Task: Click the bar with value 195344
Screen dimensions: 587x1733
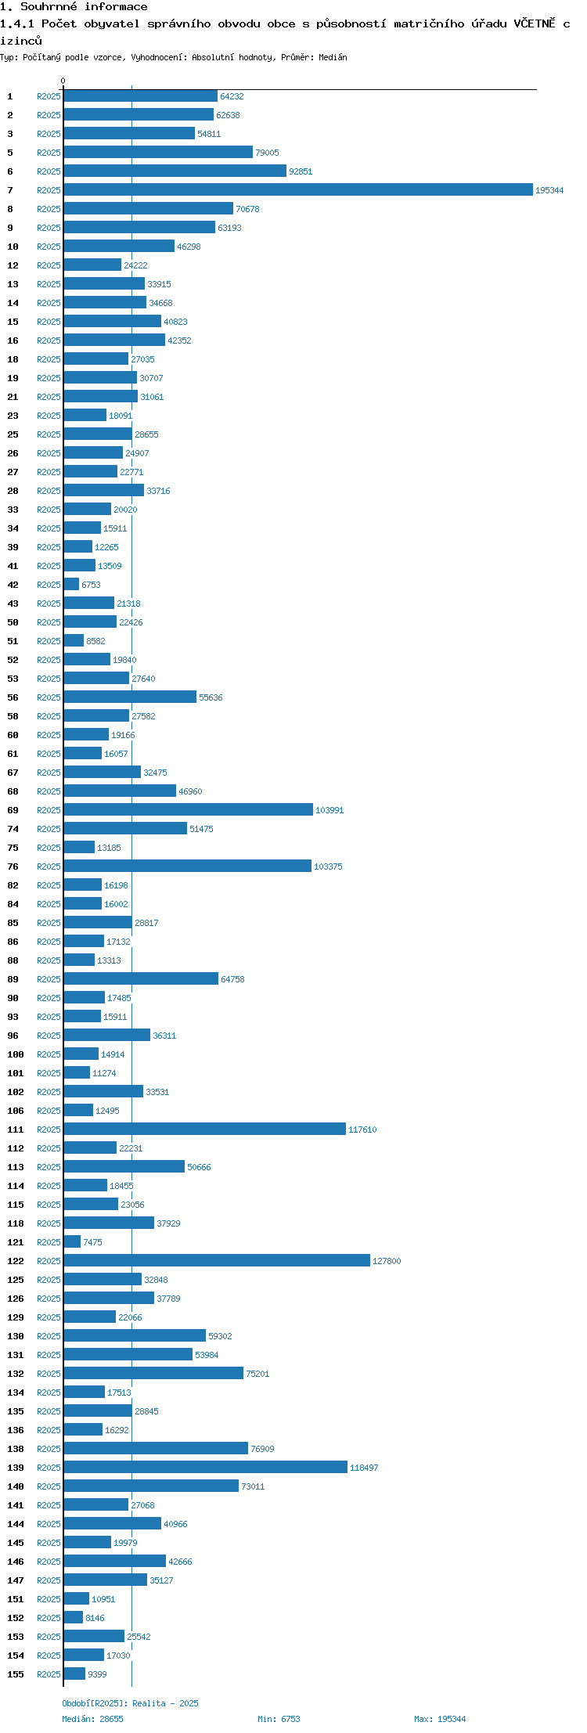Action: [x=298, y=189]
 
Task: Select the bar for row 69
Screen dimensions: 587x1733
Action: [x=189, y=809]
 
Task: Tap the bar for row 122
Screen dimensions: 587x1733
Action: [x=217, y=1260]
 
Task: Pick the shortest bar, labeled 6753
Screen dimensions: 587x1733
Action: [x=71, y=584]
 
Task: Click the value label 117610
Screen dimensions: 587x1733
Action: [x=362, y=1130]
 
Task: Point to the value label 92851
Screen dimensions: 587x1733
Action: [x=301, y=171]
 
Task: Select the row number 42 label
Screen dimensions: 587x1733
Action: [x=13, y=585]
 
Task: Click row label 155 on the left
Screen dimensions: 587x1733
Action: [x=16, y=1674]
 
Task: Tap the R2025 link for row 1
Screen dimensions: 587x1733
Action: [x=49, y=96]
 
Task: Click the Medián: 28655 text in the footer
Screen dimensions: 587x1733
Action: [x=92, y=1719]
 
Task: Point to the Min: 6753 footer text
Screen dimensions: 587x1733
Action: [x=279, y=1719]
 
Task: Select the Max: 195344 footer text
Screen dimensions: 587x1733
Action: [x=440, y=1719]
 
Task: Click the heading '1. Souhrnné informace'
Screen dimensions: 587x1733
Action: [x=74, y=7]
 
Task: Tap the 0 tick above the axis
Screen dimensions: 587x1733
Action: [x=63, y=81]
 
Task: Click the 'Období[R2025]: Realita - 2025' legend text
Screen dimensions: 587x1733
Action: [x=130, y=1703]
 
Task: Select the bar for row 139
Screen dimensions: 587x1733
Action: [x=206, y=1467]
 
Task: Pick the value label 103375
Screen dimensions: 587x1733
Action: [x=328, y=866]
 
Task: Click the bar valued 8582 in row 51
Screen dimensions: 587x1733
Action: [x=74, y=640]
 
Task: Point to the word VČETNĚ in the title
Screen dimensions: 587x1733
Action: [x=534, y=23]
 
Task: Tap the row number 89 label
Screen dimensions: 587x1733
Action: [x=13, y=979]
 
